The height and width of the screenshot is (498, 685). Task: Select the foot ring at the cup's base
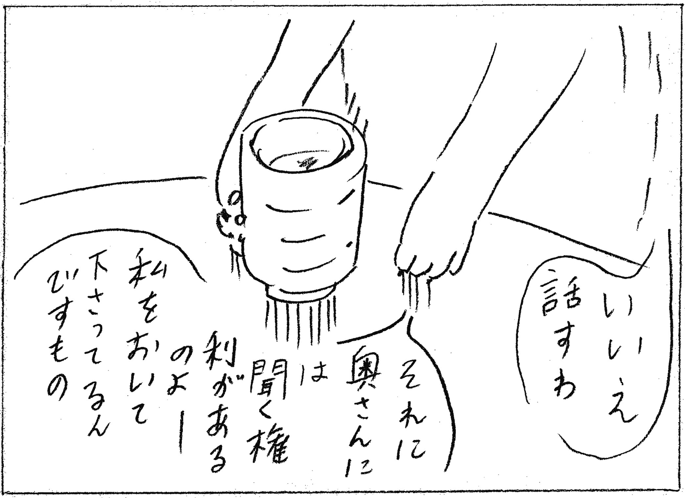(x=301, y=293)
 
